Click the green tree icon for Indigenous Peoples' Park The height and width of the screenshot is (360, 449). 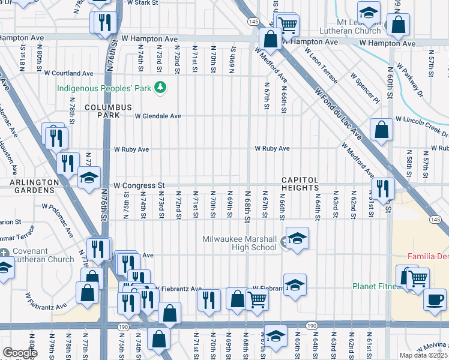click(160, 88)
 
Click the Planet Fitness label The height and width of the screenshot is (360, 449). click(376, 286)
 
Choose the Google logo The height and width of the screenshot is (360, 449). click(20, 353)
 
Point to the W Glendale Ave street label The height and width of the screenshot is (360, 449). click(157, 116)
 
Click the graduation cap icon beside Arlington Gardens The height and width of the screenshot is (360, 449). click(89, 178)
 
